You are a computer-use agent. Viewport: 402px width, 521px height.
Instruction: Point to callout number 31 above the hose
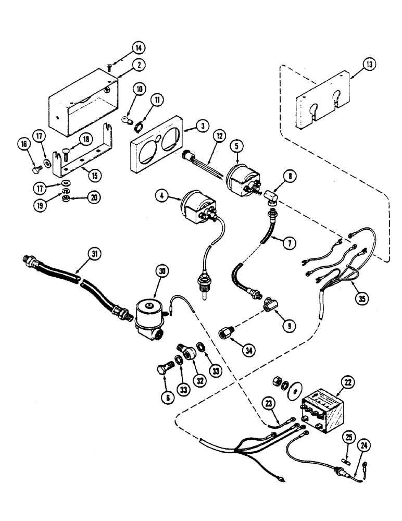pos(94,254)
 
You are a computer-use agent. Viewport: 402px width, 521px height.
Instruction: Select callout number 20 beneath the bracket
pos(95,199)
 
